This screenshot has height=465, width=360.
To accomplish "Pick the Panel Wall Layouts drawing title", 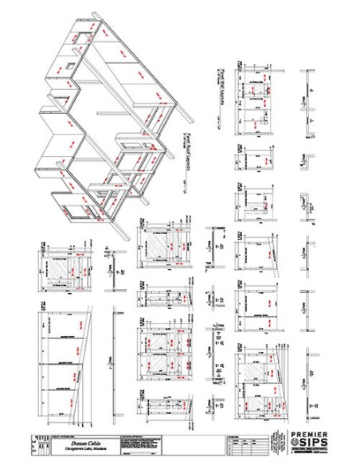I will tap(215, 88).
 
